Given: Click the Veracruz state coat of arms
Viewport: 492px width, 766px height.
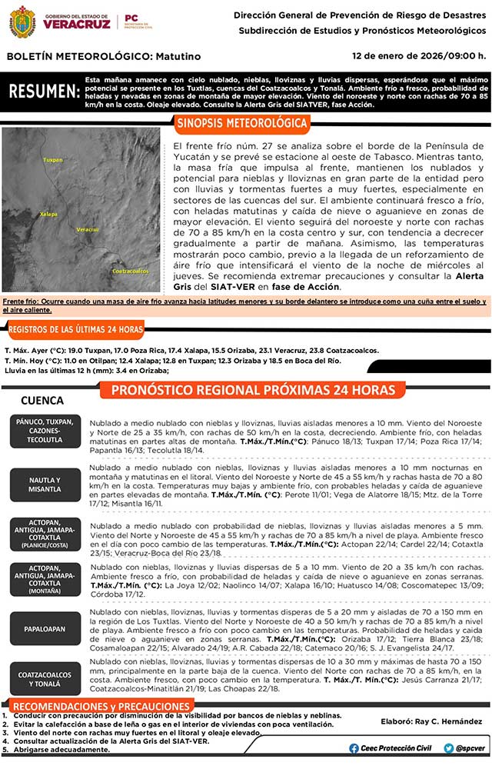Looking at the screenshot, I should [22, 22].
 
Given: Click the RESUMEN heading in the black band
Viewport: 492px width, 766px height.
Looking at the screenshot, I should [44, 92].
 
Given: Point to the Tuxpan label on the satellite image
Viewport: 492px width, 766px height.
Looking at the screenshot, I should [52, 160].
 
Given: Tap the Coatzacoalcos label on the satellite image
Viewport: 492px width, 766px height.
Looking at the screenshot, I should [130, 271].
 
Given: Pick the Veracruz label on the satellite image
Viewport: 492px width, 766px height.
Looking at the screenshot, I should [87, 229].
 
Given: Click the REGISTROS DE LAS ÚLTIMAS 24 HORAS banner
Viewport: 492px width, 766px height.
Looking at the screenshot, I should [75, 330].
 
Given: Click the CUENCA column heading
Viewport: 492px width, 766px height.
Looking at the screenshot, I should [42, 401].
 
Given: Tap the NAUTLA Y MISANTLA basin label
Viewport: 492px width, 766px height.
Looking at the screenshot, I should [45, 485].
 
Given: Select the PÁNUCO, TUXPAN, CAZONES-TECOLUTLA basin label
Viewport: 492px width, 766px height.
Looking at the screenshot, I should [45, 431].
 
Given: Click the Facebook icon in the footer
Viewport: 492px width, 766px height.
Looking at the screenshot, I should [354, 748].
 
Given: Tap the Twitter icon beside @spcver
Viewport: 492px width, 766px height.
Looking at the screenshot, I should [448, 748].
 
